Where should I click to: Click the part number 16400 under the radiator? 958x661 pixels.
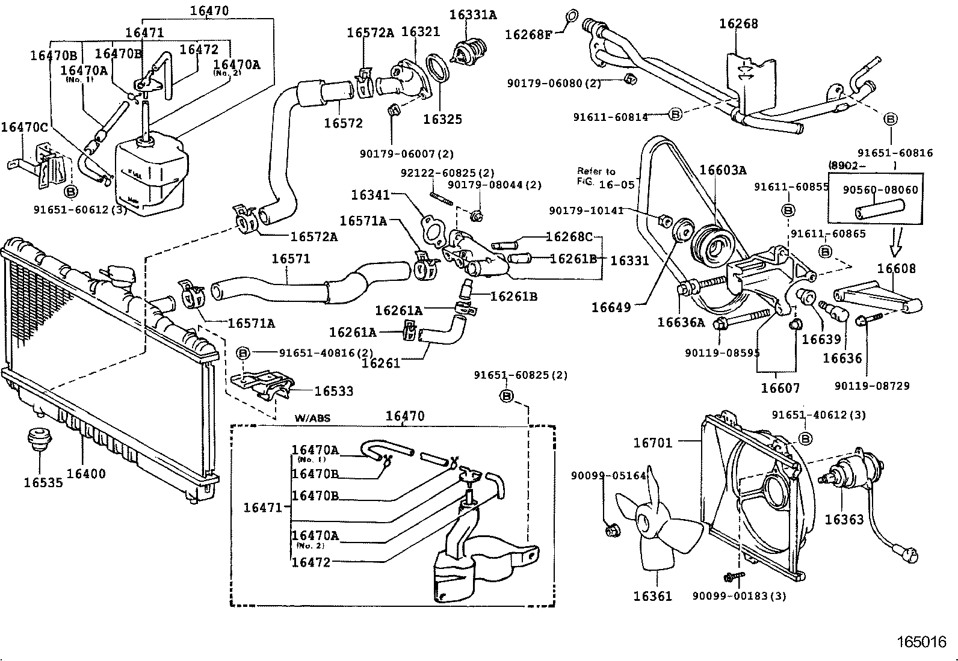click(x=85, y=473)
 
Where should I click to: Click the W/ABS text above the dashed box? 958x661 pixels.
click(x=312, y=418)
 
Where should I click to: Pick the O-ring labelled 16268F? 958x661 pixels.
click(x=572, y=16)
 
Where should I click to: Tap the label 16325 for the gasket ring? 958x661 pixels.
click(x=442, y=119)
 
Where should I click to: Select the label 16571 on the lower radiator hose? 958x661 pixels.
click(x=291, y=259)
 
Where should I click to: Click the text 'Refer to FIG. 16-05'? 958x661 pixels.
click(x=605, y=178)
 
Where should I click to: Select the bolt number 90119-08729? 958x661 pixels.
click(x=872, y=386)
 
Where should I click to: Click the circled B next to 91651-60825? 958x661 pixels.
click(x=507, y=396)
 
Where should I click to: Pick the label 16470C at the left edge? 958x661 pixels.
click(x=24, y=127)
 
